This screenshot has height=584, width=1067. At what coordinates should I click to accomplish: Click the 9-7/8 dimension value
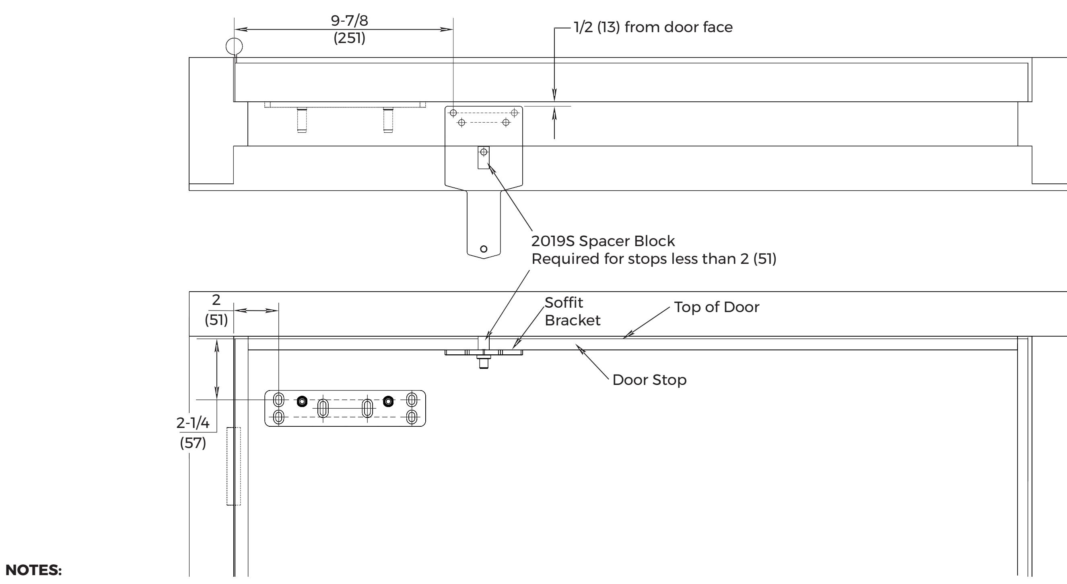pyautogui.click(x=349, y=20)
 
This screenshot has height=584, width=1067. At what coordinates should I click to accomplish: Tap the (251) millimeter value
pyautogui.click(x=349, y=38)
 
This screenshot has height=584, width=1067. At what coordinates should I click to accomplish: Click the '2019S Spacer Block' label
pyautogui.click(x=603, y=241)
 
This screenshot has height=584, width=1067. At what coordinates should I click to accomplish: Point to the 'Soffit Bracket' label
pyautogui.click(x=572, y=311)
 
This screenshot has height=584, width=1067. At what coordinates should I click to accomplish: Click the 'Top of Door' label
pyautogui.click(x=717, y=307)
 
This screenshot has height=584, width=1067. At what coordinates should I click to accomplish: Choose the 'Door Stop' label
pyautogui.click(x=649, y=380)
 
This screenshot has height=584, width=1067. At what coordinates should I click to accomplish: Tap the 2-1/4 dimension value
pyautogui.click(x=193, y=423)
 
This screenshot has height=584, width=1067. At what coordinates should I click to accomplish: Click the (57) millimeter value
pyautogui.click(x=193, y=443)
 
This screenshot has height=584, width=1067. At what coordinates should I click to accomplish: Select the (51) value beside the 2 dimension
pyautogui.click(x=216, y=320)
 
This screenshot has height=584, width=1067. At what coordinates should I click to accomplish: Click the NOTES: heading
pyautogui.click(x=33, y=570)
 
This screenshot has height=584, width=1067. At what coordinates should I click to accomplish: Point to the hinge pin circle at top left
pyautogui.click(x=234, y=46)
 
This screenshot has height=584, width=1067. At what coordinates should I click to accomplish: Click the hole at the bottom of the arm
pyautogui.click(x=483, y=249)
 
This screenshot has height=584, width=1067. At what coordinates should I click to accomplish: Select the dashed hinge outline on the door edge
pyautogui.click(x=234, y=466)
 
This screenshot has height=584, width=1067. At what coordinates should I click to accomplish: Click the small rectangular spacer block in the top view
pyautogui.click(x=483, y=157)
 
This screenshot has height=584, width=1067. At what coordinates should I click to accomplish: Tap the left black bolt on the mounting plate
pyautogui.click(x=302, y=401)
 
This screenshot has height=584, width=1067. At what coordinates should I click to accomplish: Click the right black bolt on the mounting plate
pyautogui.click(x=388, y=401)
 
